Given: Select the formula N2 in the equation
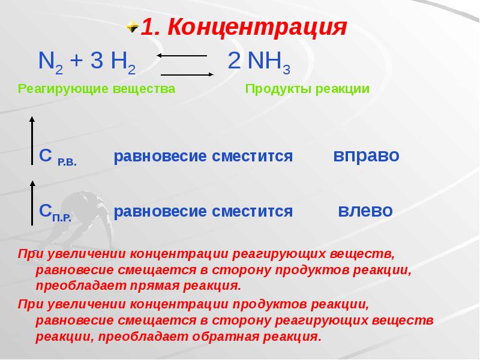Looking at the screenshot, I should pyautogui.click(x=50, y=61).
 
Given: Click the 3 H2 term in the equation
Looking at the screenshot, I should pyautogui.click(x=114, y=61).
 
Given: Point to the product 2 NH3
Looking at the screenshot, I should pyautogui.click(x=259, y=61).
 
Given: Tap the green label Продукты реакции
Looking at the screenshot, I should pyautogui.click(x=307, y=89).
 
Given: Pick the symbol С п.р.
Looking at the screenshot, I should pyautogui.click(x=55, y=211).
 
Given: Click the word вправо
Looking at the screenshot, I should pyautogui.click(x=366, y=156).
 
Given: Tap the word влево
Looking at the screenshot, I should pyautogui.click(x=365, y=211).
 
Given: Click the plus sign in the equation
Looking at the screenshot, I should pyautogui.click(x=75, y=61).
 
